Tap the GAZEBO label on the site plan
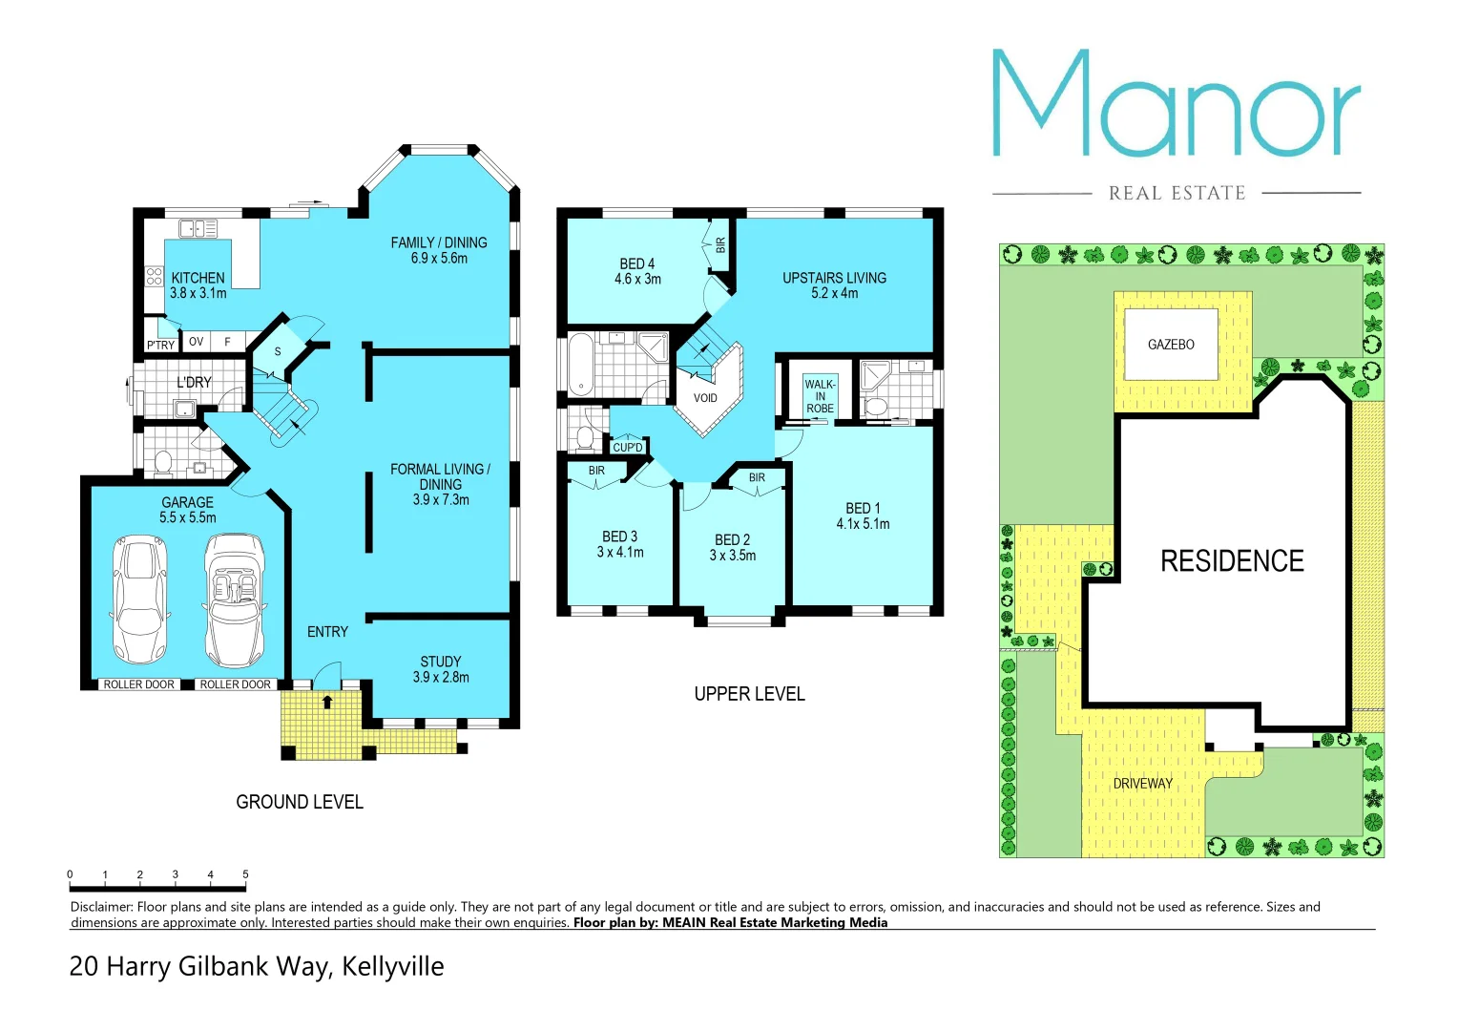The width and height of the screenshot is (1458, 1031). point(1171,345)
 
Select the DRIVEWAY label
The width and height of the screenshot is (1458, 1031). point(1142,784)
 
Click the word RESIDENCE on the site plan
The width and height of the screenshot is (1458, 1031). point(1232,561)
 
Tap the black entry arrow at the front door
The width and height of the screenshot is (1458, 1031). point(327,703)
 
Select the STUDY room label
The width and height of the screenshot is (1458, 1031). point(441,662)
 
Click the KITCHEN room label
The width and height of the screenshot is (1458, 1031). point(198,278)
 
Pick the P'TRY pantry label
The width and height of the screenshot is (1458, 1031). point(160,346)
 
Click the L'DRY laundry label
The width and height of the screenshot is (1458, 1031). point(194,382)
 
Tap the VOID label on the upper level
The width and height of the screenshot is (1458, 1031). point(705,398)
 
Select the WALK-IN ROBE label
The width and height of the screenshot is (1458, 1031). point(820,396)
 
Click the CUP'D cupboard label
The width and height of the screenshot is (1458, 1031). point(628,448)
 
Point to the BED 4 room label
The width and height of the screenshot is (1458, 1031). point(637,263)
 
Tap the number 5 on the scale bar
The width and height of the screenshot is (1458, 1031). point(245,874)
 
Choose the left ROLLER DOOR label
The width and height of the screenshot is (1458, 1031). point(139,684)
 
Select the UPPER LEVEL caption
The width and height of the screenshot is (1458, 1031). point(749,694)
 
